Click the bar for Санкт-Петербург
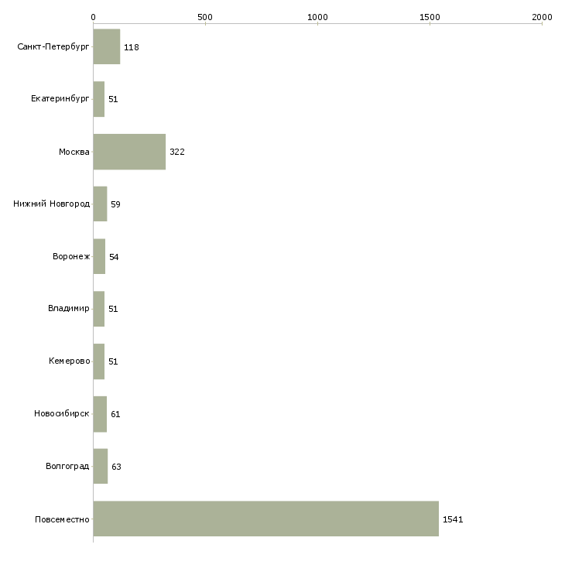pos(107,46)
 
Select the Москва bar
pos(129,152)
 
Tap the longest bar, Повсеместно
pos(266,519)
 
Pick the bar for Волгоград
pos(101,466)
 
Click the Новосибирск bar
pos(100,414)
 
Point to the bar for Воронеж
pos(99,256)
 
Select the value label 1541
pos(453,519)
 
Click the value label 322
pos(177,152)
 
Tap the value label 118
pos(131,47)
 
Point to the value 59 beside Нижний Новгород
pos(115,204)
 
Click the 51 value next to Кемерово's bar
pos(113,361)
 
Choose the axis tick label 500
pos(205,17)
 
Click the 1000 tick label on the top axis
pos(317,17)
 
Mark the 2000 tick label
pos(542,17)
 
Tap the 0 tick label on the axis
pos(94,17)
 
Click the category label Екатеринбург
pos(60,99)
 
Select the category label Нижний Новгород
pos(52,204)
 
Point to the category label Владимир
pos(68,309)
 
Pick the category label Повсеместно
pos(62,519)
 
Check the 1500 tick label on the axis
pos(430,17)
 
